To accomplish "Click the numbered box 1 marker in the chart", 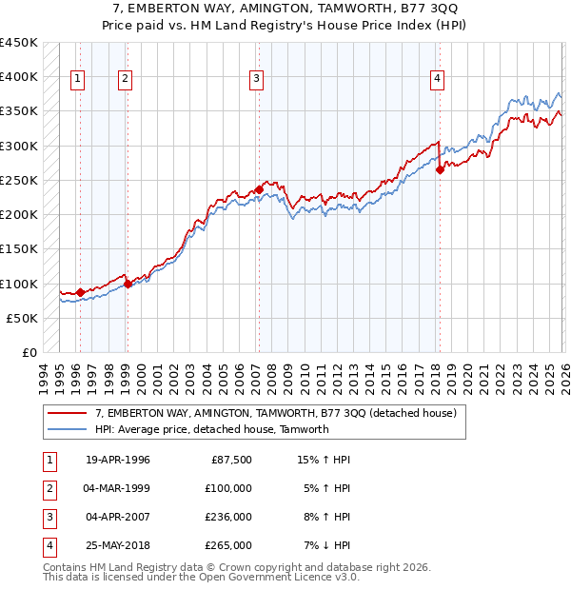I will pos(77,80).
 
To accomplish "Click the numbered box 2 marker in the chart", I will pos(126,80).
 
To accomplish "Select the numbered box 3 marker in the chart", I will pos(257,80).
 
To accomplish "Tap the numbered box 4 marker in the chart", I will pos(437,80).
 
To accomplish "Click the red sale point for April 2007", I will pos(259,189).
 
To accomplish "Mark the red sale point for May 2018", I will pos(440,170).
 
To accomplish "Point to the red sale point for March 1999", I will pos(128,283).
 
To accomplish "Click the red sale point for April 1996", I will pos(80,292).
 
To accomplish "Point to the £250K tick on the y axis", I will pos(19,180).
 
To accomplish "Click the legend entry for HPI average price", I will pos(211,429).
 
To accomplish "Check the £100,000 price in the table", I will pos(229,488).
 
